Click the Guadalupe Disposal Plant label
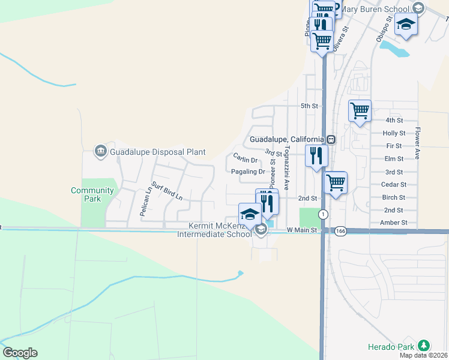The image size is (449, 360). click(x=157, y=152)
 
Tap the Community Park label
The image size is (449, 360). click(x=92, y=194)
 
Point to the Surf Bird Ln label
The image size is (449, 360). click(x=166, y=191)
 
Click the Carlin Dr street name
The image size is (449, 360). click(x=245, y=160)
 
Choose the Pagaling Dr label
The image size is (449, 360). click(x=248, y=172)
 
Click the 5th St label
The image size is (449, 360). click(x=309, y=106)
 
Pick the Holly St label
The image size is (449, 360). click(x=394, y=133)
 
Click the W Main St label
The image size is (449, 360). click(x=301, y=230)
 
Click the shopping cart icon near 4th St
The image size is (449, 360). click(x=360, y=110)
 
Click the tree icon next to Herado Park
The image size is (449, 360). click(x=424, y=346)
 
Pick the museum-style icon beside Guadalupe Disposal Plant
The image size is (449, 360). click(x=100, y=150)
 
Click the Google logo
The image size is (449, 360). click(x=20, y=353)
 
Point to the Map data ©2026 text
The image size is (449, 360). click(x=423, y=355)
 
